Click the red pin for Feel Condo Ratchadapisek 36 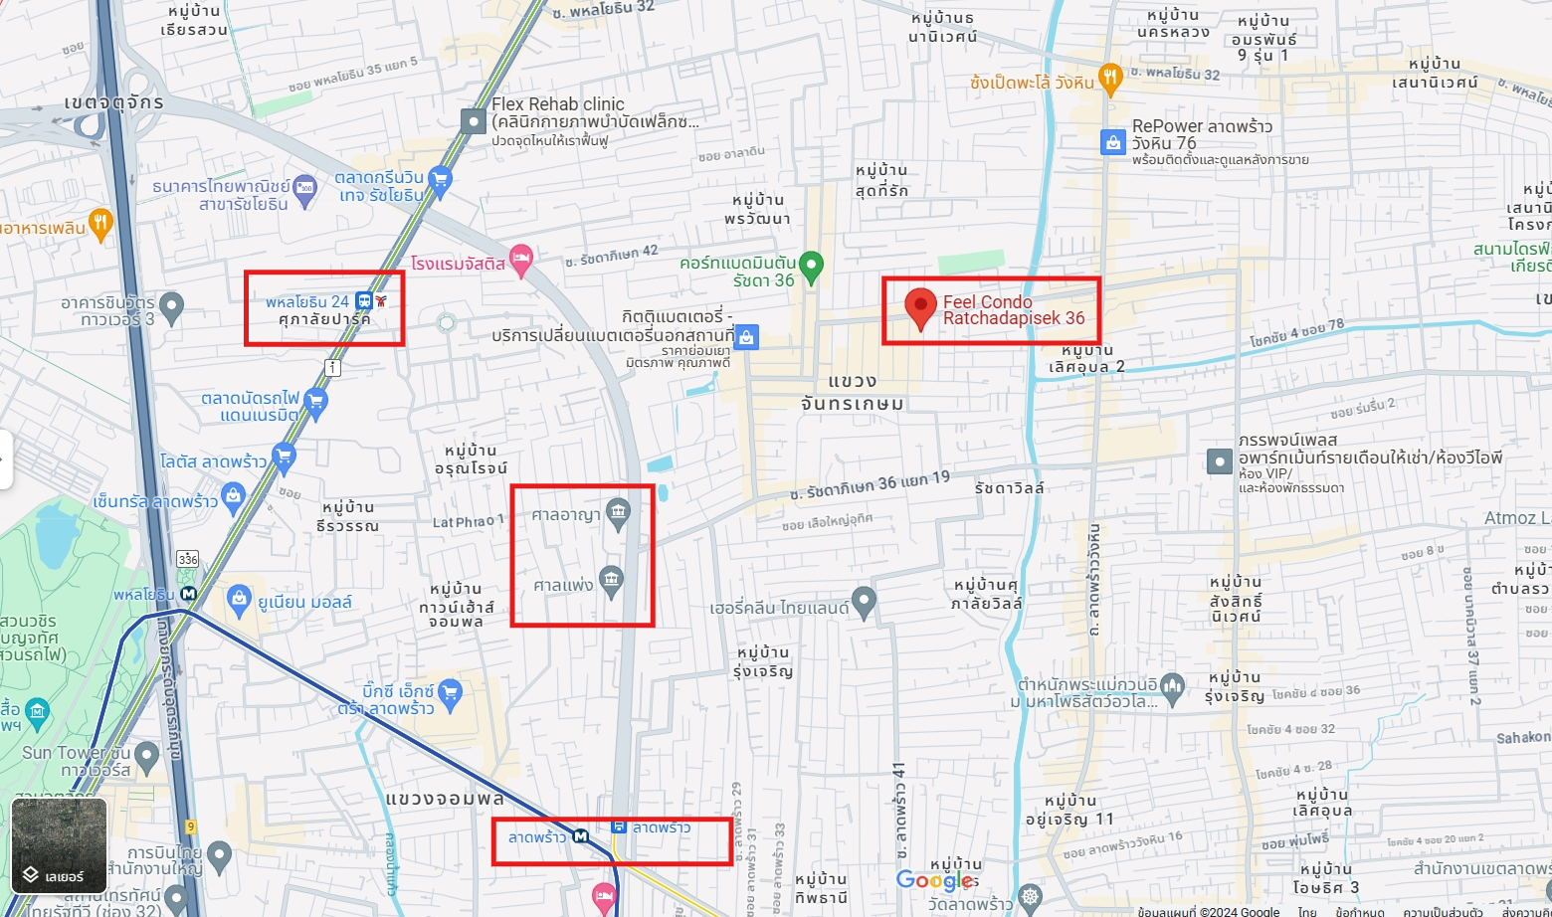tap(920, 306)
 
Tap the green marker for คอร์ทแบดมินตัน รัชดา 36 tap(812, 266)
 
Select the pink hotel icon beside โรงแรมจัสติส tap(520, 260)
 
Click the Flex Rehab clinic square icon tap(473, 121)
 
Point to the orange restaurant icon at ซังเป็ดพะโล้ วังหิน tap(1110, 77)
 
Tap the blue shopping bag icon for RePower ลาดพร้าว tap(1113, 142)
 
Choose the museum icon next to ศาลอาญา tap(618, 512)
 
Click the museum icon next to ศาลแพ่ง tap(612, 579)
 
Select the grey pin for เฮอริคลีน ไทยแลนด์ tap(864, 600)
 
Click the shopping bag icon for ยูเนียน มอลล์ tap(239, 599)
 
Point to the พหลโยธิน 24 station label tap(307, 301)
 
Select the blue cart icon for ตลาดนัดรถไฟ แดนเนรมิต tap(315, 402)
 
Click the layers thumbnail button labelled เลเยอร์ tap(59, 845)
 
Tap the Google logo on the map tap(936, 880)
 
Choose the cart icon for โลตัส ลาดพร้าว tap(284, 457)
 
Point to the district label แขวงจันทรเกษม tap(853, 392)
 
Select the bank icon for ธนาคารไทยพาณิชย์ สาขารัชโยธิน tap(305, 189)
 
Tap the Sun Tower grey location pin tap(147, 755)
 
